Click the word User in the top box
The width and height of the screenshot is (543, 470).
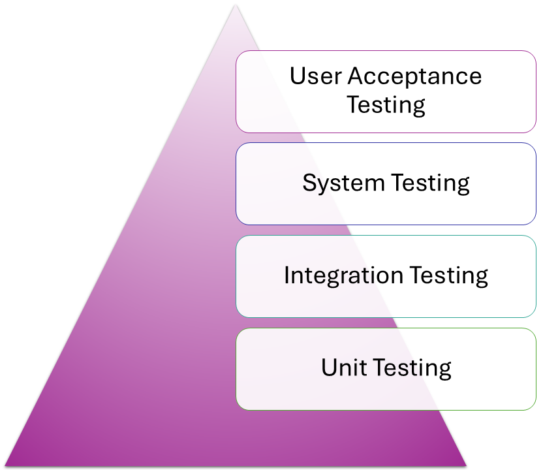click(316, 76)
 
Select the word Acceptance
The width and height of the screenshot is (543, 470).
click(414, 76)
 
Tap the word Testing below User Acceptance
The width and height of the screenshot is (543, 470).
click(386, 104)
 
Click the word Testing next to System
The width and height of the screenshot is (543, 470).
click(430, 183)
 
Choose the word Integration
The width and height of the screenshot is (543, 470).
click(343, 275)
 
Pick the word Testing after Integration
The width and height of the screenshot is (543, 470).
click(448, 275)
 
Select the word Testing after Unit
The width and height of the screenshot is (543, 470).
click(411, 368)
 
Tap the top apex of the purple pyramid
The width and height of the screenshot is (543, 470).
click(236, 5)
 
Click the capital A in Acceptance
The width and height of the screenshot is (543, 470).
click(356, 76)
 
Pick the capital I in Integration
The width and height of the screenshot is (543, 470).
click(287, 275)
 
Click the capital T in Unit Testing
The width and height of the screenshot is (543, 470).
click(378, 368)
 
